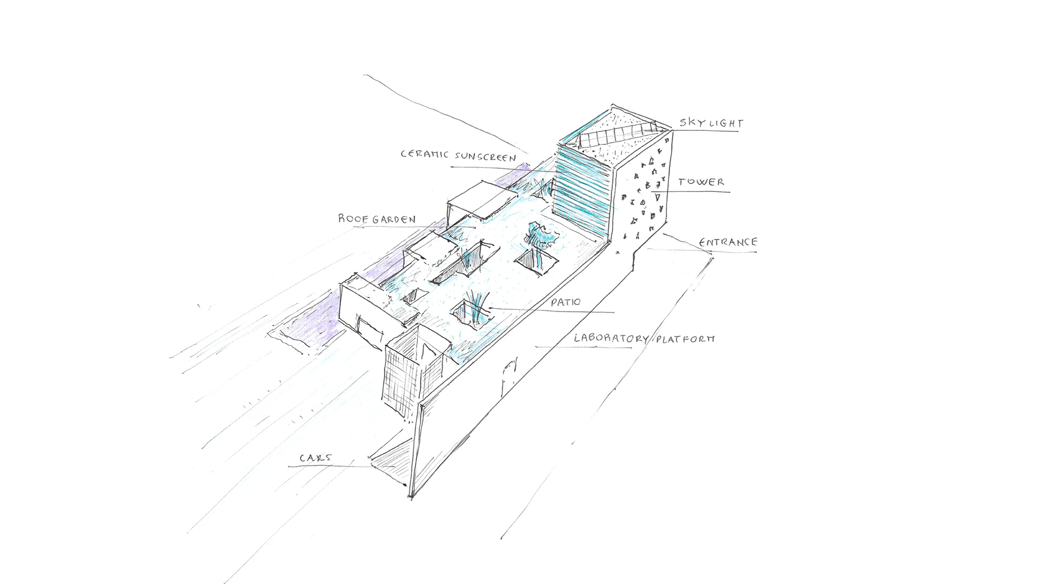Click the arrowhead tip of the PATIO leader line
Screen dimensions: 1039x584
pyautogui.click(x=488, y=308)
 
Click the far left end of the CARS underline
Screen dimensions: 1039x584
pyautogui.click(x=288, y=466)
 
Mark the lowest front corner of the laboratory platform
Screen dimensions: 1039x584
pyautogui.click(x=411, y=496)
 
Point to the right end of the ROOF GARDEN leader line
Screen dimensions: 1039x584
pyautogui.click(x=475, y=228)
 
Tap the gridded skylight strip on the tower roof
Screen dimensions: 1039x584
pyautogui.click(x=617, y=134)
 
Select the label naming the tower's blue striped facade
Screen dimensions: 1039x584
pyautogui.click(x=458, y=156)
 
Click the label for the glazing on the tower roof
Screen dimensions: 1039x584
pyautogui.click(x=711, y=123)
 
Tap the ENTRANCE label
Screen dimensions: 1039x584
pyautogui.click(x=728, y=242)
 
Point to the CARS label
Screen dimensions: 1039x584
pyautogui.click(x=315, y=458)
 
